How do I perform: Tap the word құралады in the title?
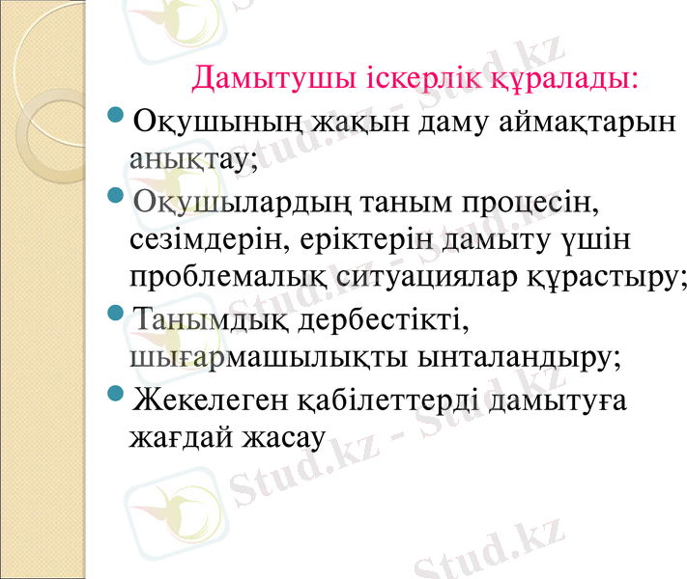click(x=564, y=76)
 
